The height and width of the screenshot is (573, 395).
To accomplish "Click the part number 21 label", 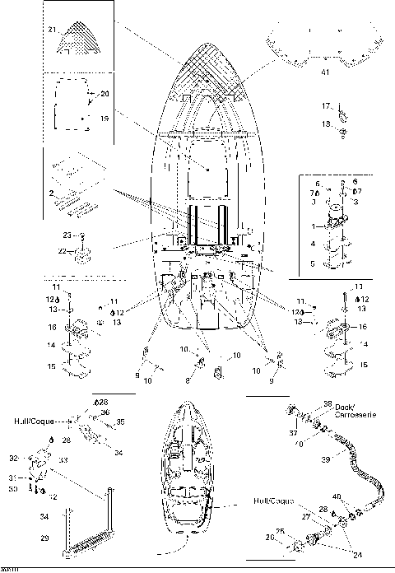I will coord(51,30).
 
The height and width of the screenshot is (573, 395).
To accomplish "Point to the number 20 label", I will coord(104,94).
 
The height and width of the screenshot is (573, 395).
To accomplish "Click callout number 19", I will coord(104,119).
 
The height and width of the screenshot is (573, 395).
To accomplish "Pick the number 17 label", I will coord(325,105).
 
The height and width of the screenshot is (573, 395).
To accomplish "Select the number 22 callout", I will coord(62,250).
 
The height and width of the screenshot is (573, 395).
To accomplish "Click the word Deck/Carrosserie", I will coord(356,412).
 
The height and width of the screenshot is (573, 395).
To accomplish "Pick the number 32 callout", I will coord(35,458).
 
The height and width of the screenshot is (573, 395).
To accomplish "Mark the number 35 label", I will coord(120,422).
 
